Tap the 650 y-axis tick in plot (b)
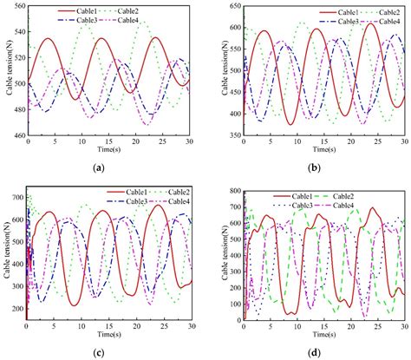(x=224, y=5)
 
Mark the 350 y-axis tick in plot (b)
(x=224, y=134)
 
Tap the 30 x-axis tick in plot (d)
(x=403, y=326)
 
